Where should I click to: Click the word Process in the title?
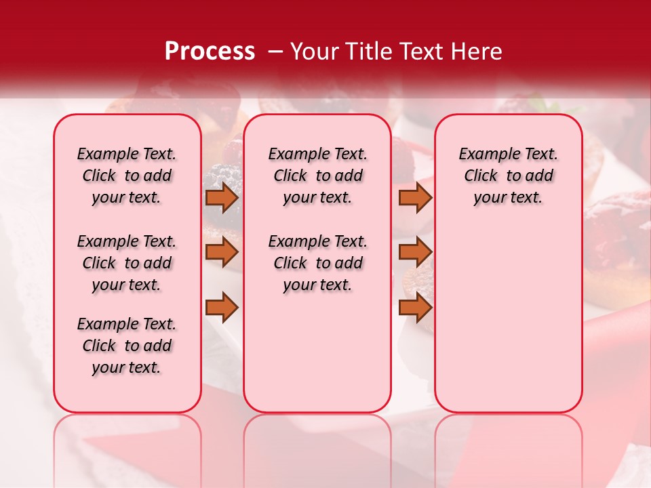point(210,52)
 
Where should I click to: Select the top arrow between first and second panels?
point(222,198)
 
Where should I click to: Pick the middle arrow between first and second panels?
point(222,252)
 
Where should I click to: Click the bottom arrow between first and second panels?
point(222,308)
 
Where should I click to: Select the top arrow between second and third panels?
point(415,198)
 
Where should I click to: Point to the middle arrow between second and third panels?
point(415,252)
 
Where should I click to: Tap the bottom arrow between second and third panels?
point(415,308)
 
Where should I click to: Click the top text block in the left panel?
point(127,176)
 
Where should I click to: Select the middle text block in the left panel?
point(127,263)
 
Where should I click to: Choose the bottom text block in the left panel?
point(127,346)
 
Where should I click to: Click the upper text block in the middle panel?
point(317,176)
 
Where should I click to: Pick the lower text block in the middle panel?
point(317,263)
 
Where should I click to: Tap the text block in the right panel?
point(508,176)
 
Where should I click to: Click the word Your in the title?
point(315,52)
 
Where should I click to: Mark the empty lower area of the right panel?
point(508,325)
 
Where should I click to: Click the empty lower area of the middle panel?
point(317,352)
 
